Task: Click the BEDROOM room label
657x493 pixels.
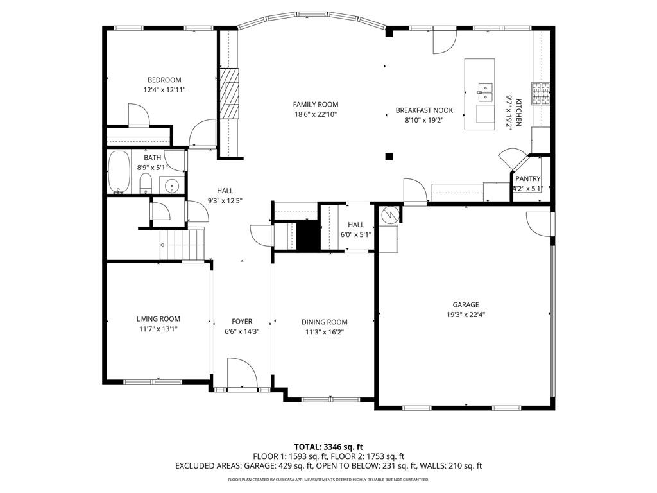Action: coord(164,80)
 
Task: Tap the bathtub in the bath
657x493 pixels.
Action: coord(119,172)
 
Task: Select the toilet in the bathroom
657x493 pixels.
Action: coord(146,184)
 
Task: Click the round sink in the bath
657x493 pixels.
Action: coord(171,185)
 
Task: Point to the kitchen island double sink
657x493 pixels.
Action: coord(485,92)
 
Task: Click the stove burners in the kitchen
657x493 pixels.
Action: coord(541,94)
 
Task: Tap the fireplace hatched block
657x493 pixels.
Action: coord(230,94)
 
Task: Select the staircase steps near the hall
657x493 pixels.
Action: coord(182,245)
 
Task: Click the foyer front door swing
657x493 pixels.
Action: coord(242,373)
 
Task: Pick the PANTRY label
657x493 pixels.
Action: coord(527,178)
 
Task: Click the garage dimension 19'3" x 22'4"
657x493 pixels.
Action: coord(466,315)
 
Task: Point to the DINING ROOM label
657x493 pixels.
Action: coord(324,322)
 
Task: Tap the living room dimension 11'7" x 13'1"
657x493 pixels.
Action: coord(158,329)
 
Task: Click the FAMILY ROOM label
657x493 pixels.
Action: coord(316,105)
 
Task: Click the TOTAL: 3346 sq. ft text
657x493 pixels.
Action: coord(325,447)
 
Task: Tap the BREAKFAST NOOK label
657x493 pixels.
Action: coord(425,110)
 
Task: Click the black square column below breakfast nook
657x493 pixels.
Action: coord(389,157)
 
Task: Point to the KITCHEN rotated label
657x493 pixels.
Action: coord(518,112)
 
